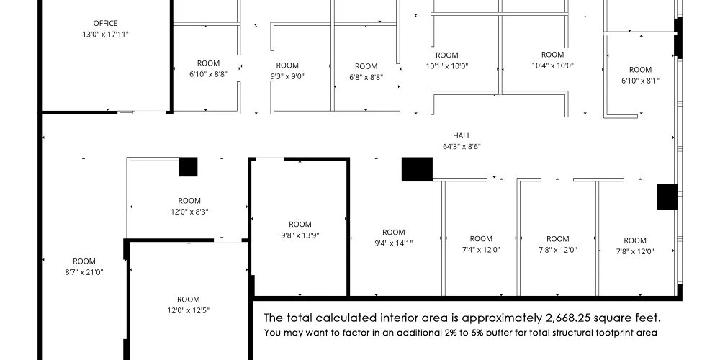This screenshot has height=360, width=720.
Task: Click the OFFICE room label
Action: point(105,23)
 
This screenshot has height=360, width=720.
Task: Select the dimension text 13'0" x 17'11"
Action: point(105,34)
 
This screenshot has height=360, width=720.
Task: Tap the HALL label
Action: point(462,135)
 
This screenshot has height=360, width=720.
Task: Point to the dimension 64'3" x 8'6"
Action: point(462,146)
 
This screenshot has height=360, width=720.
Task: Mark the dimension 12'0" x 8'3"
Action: point(189,212)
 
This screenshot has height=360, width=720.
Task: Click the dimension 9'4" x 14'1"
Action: point(394,243)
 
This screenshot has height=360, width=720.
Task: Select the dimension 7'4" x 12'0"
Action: point(481,250)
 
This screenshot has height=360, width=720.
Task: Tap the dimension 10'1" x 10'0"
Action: point(447,66)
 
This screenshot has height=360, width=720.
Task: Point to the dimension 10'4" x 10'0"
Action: point(552,66)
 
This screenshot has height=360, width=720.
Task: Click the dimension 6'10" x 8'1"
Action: point(640,81)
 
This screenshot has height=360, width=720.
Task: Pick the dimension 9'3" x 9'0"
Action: point(287,76)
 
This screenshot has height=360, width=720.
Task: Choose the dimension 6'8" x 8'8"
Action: point(366,77)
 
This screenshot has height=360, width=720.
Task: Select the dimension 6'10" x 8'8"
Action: point(208,74)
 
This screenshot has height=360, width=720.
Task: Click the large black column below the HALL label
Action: point(417,169)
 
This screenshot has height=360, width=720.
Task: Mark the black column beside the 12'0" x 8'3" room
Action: point(188,167)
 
